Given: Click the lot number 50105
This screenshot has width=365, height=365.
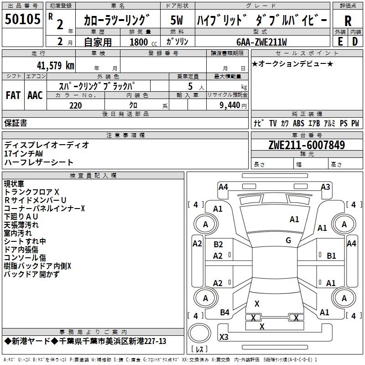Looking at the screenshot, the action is (22, 20).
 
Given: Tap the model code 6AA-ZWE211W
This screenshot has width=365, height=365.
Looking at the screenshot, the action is (261, 42).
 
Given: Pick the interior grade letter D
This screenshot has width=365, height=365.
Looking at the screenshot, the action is (355, 42).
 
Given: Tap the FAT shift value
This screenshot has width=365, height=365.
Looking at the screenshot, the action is (13, 95).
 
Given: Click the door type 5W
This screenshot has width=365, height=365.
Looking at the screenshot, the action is (177, 21).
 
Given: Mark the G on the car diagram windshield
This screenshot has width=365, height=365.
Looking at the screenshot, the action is (288, 240).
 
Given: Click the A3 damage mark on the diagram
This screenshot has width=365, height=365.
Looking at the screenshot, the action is (325, 187).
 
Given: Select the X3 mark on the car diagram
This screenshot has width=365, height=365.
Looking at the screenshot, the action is (224, 337).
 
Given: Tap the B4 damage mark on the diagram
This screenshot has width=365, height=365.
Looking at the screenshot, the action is (224, 312).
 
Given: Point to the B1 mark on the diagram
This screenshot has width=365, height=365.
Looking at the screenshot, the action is (331, 256).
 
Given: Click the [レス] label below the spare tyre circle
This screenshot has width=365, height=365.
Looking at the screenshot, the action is (199, 349).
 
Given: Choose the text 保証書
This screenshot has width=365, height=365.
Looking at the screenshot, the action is (16, 123).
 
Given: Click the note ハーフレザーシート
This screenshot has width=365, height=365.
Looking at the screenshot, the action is (39, 162).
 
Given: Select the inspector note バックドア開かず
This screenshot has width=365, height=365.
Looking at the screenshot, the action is (31, 274).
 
